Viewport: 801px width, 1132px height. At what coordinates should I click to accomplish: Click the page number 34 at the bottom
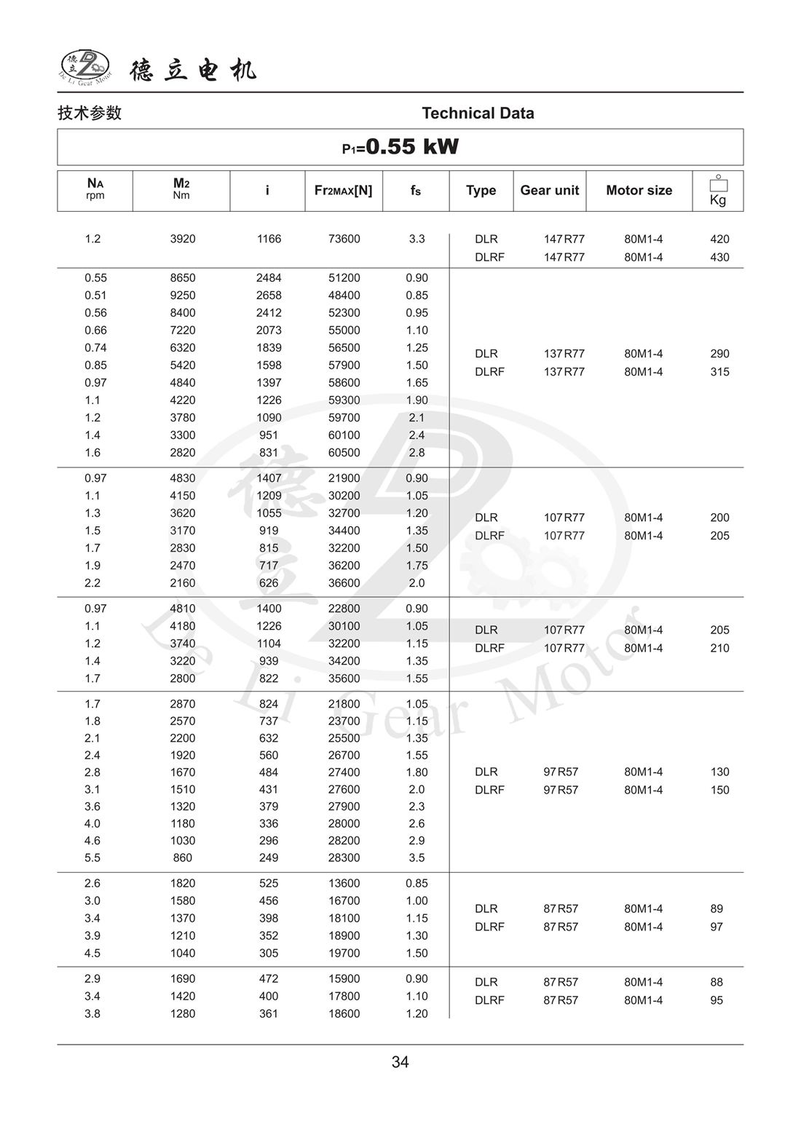point(400,1062)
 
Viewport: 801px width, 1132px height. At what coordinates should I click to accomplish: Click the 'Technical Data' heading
point(478,113)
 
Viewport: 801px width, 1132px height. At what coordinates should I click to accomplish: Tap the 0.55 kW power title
point(400,147)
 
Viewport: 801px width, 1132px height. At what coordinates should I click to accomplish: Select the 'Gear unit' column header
point(549,190)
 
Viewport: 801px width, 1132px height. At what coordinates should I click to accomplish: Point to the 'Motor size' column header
point(639,190)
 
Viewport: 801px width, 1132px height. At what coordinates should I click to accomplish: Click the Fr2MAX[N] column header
point(343,190)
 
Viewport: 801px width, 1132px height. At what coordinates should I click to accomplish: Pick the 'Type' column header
point(481,190)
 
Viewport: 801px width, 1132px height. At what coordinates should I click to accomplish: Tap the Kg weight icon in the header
point(718,191)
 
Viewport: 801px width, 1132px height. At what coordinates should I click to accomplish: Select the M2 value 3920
point(183,239)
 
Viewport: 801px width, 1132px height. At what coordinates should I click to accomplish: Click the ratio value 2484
point(269,277)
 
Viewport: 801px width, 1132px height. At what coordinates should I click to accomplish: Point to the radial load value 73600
point(344,239)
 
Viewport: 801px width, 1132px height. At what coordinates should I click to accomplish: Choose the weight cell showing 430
point(719,257)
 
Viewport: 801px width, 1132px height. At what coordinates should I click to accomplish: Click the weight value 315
point(719,371)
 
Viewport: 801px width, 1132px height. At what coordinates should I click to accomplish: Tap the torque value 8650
point(183,277)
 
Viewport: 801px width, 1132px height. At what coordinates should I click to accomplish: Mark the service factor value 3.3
point(417,239)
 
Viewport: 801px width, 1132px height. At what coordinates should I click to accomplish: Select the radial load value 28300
point(344,858)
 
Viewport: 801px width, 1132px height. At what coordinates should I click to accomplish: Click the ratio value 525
point(269,883)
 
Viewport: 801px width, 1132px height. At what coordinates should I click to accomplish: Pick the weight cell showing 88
point(717,982)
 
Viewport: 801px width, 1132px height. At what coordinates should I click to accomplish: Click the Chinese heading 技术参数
point(90,113)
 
